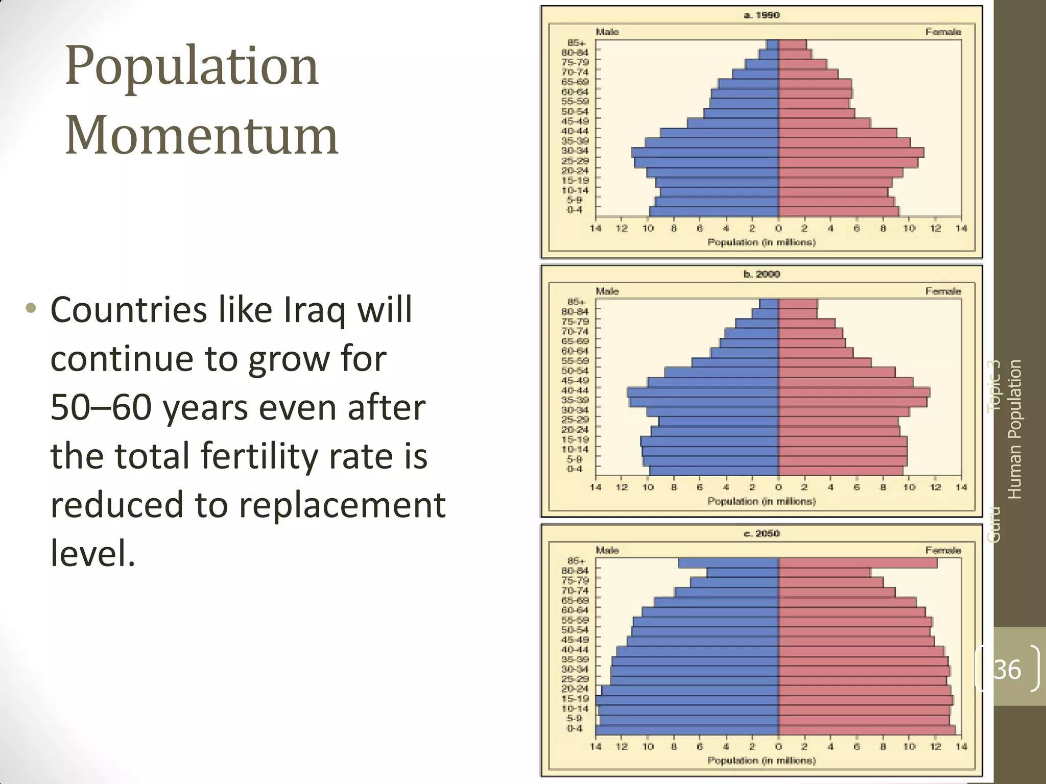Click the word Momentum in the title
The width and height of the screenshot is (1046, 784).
tap(201, 135)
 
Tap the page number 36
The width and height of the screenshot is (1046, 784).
tap(1007, 669)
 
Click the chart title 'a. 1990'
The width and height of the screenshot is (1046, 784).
tap(762, 15)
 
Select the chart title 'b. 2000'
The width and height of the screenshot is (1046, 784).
tap(762, 274)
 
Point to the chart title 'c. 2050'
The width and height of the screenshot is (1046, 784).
tap(762, 533)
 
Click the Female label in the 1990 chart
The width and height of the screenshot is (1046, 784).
tap(943, 32)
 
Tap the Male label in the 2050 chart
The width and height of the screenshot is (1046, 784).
tap(607, 550)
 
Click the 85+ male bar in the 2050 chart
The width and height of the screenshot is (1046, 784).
tap(728, 563)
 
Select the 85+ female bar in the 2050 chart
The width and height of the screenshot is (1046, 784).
tap(858, 563)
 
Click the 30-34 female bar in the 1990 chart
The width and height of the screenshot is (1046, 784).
tap(851, 152)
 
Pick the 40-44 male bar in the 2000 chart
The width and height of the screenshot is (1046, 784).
tap(703, 392)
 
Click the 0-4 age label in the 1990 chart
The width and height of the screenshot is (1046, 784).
tap(575, 210)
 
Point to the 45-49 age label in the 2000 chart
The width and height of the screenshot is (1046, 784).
tap(575, 380)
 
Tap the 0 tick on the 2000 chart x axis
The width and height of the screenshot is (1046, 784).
tap(778, 487)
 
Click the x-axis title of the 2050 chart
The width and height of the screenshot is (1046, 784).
tap(762, 761)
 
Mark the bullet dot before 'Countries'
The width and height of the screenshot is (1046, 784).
tap(31, 308)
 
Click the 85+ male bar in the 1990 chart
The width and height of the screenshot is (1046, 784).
tap(772, 44)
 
